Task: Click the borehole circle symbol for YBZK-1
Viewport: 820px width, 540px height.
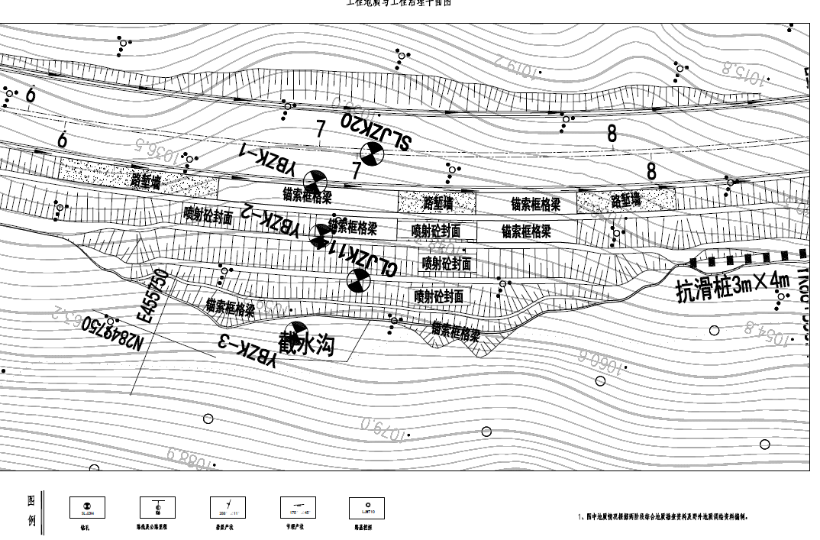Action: click(315, 183)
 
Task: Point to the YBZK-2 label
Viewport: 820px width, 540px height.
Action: click(270, 219)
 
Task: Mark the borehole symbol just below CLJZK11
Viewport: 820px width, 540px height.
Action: click(358, 281)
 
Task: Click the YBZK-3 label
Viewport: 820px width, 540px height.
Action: click(247, 353)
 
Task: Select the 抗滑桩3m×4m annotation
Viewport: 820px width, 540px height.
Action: click(732, 287)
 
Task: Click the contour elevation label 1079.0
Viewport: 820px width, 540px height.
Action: click(385, 428)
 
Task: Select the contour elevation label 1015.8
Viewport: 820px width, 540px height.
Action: click(743, 74)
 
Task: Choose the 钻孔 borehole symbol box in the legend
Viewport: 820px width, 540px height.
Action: click(87, 507)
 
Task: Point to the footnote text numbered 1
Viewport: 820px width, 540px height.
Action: click(663, 517)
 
